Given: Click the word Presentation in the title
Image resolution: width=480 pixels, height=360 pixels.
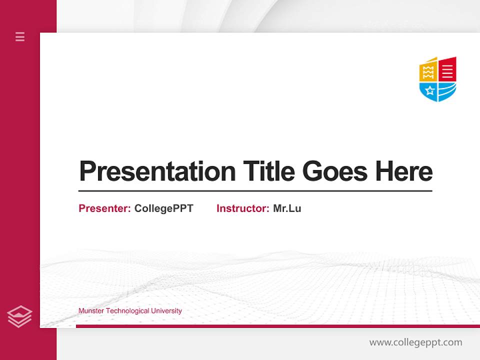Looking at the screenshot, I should click(x=157, y=171).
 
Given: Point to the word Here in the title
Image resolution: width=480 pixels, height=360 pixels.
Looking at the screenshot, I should click(x=404, y=171).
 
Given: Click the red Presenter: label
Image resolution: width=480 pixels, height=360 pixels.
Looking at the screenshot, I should click(x=104, y=208).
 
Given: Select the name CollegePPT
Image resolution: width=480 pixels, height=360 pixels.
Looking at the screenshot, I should click(x=163, y=208).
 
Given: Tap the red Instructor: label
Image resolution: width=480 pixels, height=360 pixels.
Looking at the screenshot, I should click(x=242, y=208).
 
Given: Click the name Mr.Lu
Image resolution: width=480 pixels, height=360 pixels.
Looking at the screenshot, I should click(x=287, y=208).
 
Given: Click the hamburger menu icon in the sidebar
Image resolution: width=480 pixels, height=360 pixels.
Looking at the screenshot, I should click(x=20, y=36).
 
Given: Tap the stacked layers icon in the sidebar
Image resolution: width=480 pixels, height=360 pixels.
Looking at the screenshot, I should click(x=20, y=316).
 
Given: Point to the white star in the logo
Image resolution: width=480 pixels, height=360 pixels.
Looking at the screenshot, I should click(x=428, y=90).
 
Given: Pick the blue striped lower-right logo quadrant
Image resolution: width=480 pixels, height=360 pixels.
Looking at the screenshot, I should click(x=447, y=90).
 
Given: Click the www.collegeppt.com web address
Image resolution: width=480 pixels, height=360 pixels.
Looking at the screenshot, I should click(x=415, y=342).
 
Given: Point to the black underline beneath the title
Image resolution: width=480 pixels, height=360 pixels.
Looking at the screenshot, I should click(x=255, y=190).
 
